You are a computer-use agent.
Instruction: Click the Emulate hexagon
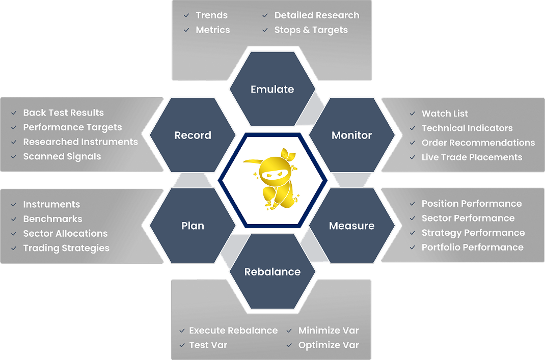click(272, 89)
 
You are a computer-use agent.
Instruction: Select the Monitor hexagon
click(351, 135)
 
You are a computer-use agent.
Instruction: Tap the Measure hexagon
click(351, 226)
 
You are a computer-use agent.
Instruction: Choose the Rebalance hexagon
click(272, 272)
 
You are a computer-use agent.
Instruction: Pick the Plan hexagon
click(193, 226)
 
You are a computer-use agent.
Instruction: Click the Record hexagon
click(193, 135)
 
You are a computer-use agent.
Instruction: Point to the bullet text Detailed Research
click(316, 15)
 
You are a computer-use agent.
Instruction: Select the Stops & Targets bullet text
click(311, 30)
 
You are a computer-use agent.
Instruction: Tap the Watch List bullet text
click(445, 114)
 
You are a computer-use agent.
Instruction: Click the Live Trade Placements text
click(472, 157)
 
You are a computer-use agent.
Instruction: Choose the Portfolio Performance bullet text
click(472, 247)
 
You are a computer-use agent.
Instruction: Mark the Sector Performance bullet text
click(468, 218)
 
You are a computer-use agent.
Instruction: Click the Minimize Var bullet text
click(329, 330)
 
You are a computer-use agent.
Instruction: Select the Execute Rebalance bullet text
click(233, 330)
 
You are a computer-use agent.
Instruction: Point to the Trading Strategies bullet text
click(66, 248)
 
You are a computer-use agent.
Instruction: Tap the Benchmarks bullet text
click(52, 219)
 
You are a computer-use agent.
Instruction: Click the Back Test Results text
click(63, 113)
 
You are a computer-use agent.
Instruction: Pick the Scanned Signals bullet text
click(62, 156)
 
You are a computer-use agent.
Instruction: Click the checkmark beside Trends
click(186, 16)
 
